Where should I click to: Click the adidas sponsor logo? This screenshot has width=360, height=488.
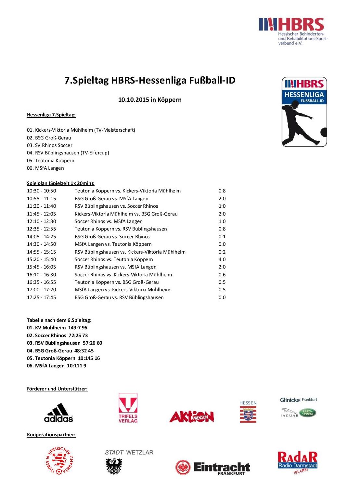(x=58, y=413)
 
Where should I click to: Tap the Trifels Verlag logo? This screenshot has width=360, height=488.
(x=128, y=408)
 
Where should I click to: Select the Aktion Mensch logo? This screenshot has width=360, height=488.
(x=191, y=416)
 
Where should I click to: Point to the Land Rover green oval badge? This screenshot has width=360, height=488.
(x=307, y=413)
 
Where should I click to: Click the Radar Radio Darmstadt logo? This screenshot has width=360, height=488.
(x=298, y=462)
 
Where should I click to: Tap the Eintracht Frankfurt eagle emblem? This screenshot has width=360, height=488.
(x=183, y=468)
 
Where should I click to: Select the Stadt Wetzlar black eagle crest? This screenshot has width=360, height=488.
(x=114, y=466)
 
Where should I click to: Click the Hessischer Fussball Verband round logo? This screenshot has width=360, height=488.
(x=59, y=460)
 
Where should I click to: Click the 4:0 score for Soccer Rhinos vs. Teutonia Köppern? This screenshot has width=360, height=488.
(x=222, y=259)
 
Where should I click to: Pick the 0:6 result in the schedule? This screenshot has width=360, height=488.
(x=222, y=275)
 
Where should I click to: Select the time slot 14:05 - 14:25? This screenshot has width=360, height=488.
(x=41, y=237)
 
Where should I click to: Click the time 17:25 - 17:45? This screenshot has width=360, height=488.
(x=41, y=297)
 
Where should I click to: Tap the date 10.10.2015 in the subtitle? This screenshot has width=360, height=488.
(x=134, y=100)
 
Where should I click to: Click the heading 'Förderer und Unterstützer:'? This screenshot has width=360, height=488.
(x=57, y=389)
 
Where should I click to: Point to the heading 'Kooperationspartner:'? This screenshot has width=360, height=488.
(x=51, y=435)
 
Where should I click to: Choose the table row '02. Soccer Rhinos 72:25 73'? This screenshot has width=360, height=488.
(x=57, y=336)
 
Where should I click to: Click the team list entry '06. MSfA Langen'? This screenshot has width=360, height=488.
(x=45, y=168)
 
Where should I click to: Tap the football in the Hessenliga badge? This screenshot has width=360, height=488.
(x=324, y=132)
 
